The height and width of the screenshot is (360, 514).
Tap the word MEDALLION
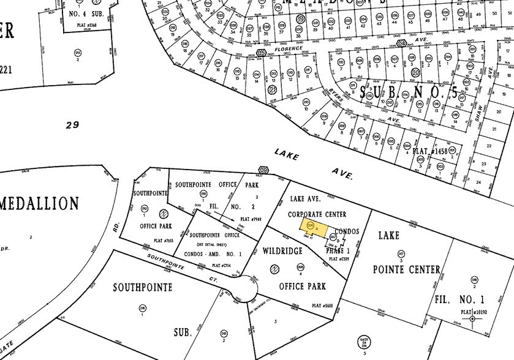coord(40,203)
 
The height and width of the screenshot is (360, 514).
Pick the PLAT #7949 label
coord(252,219)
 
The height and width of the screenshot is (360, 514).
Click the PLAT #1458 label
coord(429,151)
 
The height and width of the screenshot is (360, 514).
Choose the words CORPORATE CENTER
coord(317,214)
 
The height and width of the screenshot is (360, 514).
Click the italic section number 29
coord(73,126)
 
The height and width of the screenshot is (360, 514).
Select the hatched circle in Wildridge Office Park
coord(276,268)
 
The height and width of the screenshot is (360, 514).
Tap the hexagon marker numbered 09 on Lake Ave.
coord(263,169)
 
